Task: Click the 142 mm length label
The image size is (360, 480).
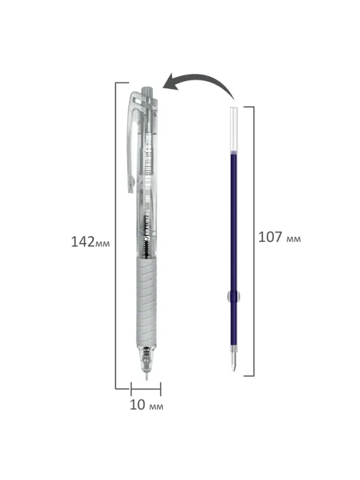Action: (90, 242)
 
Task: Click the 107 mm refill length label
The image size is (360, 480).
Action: (280, 237)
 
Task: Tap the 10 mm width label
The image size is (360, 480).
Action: (146, 405)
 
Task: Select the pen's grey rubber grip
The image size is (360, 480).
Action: (146, 302)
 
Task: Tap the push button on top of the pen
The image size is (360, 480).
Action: (146, 92)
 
